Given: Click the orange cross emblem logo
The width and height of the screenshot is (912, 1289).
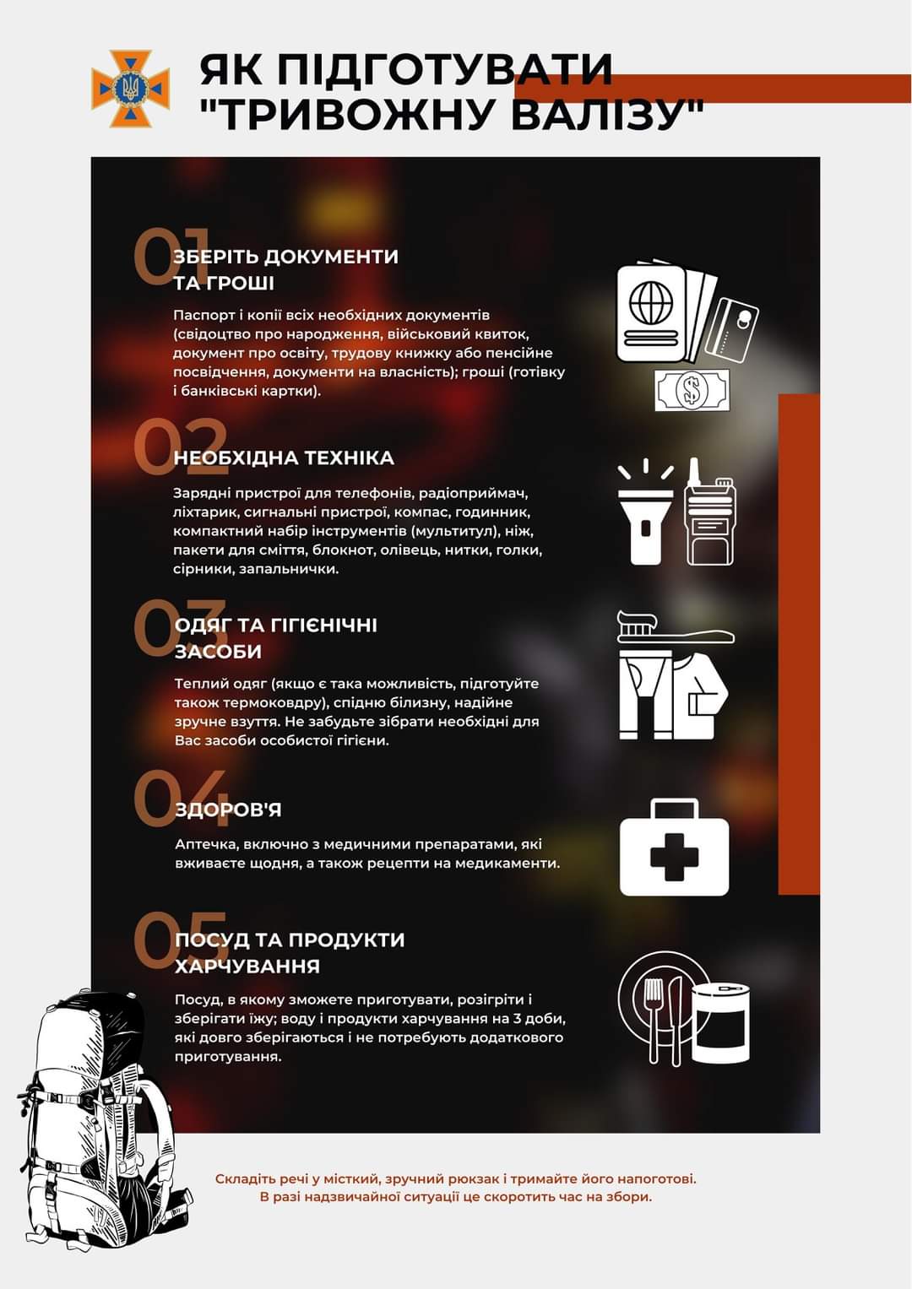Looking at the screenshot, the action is point(131,89).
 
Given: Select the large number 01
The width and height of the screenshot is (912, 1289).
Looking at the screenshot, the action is point(171,257).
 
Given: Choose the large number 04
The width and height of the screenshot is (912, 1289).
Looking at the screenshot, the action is point(180,798).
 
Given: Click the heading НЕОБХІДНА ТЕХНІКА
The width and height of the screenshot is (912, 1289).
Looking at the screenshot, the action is point(284,458).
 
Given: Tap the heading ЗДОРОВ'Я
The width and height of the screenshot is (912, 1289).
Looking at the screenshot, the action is point(228,810).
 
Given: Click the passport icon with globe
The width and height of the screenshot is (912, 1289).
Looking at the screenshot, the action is point(651,314).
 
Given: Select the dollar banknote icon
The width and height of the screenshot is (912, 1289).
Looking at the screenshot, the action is point(692,390).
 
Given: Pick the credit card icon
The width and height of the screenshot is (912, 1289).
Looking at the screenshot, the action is point(731,330).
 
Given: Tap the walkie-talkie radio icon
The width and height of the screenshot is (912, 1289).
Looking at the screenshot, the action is point(708,512).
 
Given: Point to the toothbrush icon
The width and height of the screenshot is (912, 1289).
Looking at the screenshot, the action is point(676,627).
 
